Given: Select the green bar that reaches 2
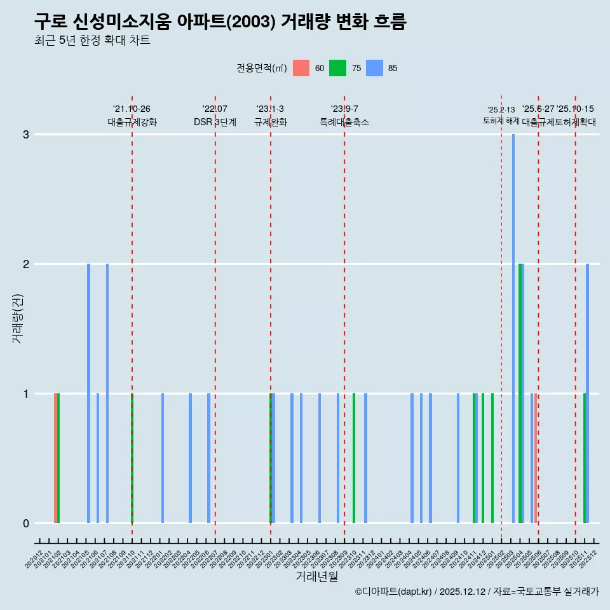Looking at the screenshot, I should [x=520, y=393].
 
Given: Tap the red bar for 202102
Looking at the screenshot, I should [x=55, y=458].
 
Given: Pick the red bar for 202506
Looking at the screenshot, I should [x=536, y=458].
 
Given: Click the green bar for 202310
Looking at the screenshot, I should [x=354, y=458].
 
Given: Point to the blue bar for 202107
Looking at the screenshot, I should [x=107, y=393].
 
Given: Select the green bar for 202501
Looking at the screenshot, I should [x=492, y=458].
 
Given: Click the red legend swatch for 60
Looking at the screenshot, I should [x=301, y=69].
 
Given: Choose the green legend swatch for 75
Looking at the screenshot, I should [x=337, y=69].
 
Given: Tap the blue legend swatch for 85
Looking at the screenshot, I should [x=374, y=69].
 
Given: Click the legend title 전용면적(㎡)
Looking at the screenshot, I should [x=261, y=69].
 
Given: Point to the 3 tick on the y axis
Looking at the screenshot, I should [x=26, y=135].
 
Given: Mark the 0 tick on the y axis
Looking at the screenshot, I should [x=26, y=524].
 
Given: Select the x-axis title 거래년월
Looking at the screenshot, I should [x=316, y=577].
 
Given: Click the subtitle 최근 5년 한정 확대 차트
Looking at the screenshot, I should [x=92, y=41].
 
